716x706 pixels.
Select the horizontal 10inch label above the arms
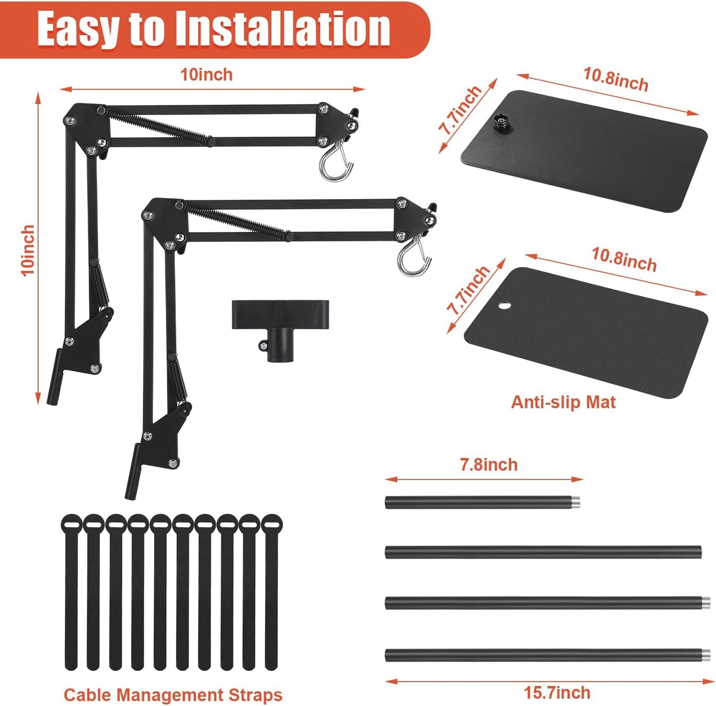point(207,75)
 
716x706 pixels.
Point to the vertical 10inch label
point(28,250)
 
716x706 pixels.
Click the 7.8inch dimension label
point(489,465)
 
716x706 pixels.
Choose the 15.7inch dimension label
point(557,693)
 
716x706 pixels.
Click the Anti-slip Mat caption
point(563,402)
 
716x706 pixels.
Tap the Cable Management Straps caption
point(173,695)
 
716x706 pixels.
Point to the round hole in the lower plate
point(504,306)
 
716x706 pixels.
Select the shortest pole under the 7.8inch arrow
point(482,502)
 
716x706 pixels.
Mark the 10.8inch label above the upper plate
point(616,79)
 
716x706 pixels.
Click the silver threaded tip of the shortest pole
point(576,502)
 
